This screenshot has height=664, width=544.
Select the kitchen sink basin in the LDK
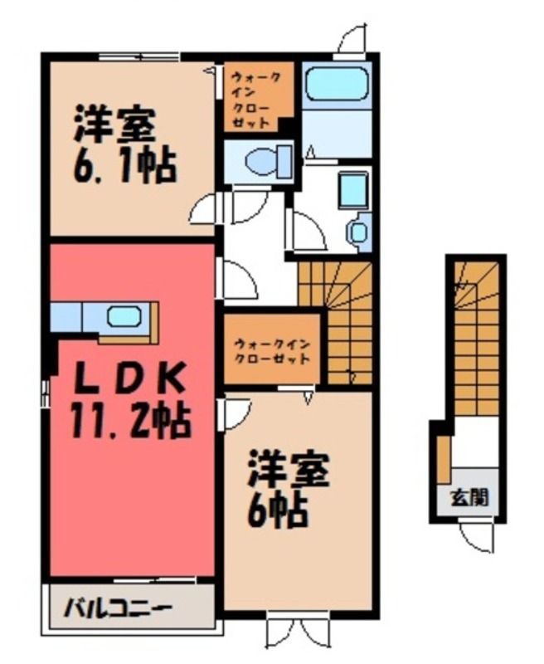[x=124, y=317]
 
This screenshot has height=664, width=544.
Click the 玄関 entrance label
[x=469, y=497]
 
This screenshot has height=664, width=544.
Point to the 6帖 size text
[x=277, y=510]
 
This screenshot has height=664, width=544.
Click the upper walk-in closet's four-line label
[x=256, y=100]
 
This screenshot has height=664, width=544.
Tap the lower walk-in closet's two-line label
[x=272, y=350]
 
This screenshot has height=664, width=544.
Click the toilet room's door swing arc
[x=250, y=203]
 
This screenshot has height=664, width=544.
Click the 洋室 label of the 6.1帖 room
[x=115, y=126]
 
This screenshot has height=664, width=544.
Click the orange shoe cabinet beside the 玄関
[x=444, y=460]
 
